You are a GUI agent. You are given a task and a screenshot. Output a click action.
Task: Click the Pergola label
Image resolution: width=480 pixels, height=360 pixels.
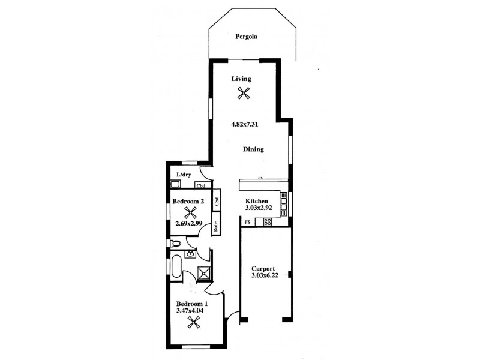[246, 37]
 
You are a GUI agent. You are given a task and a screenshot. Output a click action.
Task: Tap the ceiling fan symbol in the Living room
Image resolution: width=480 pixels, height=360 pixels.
[243, 92]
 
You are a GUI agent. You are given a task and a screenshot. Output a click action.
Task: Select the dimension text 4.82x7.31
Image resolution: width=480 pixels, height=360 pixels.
[245, 125]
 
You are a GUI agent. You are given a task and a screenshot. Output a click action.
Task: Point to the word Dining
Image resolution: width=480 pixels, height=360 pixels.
[253, 149]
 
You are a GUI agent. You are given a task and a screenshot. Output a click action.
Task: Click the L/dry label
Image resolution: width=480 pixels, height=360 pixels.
[184, 175]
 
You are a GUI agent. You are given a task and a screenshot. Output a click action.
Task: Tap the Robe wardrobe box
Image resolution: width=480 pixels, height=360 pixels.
[215, 227]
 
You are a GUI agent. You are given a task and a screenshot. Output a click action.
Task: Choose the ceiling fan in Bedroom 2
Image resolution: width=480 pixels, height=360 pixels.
[191, 212]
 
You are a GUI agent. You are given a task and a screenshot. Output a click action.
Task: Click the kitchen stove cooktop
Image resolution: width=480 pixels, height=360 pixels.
[268, 221]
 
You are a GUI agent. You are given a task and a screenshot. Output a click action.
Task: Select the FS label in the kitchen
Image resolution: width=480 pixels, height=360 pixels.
[247, 223]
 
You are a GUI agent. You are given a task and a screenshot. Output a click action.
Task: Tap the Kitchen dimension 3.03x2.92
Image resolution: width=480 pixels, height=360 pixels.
[260, 208]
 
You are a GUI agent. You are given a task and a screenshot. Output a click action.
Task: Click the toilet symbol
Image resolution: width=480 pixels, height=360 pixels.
[174, 244]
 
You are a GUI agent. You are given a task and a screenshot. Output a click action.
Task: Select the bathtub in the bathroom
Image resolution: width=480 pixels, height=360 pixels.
[177, 266]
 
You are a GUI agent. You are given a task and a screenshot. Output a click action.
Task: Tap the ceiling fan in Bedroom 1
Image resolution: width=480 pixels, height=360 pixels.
[193, 323]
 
